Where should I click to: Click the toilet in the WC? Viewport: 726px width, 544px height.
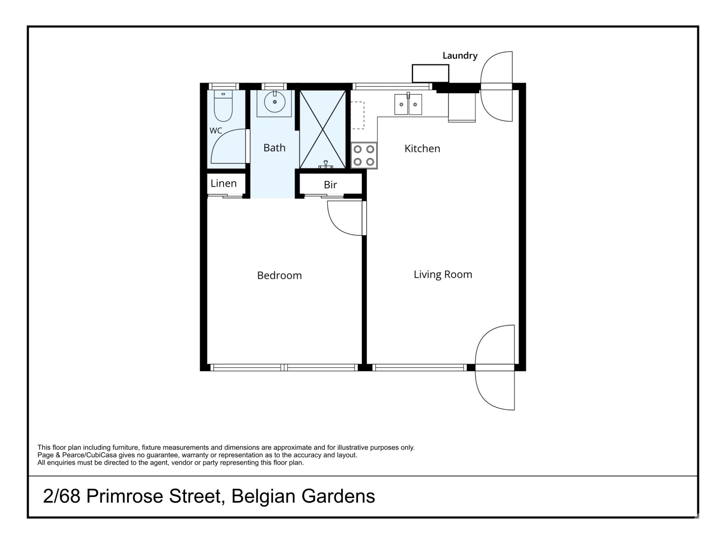(x=223, y=106)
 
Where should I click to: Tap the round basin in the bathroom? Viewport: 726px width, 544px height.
(x=274, y=102)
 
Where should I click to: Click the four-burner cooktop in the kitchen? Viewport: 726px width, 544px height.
(x=364, y=156)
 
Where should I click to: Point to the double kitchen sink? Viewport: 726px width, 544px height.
(x=408, y=104)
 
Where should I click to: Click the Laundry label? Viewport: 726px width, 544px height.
(x=460, y=55)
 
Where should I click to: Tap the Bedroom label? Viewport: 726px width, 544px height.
(x=280, y=275)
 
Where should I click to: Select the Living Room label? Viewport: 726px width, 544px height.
(x=443, y=275)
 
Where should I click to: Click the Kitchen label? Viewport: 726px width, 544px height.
(x=422, y=148)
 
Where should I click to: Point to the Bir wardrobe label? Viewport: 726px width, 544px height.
(x=330, y=185)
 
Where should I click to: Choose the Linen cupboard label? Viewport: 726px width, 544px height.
(x=224, y=183)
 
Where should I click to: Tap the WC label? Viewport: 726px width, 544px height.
(x=216, y=131)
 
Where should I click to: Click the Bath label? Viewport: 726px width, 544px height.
(x=274, y=148)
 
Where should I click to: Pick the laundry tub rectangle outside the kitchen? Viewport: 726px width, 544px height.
(x=430, y=74)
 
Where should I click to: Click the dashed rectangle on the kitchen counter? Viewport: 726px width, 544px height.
(x=358, y=115)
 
